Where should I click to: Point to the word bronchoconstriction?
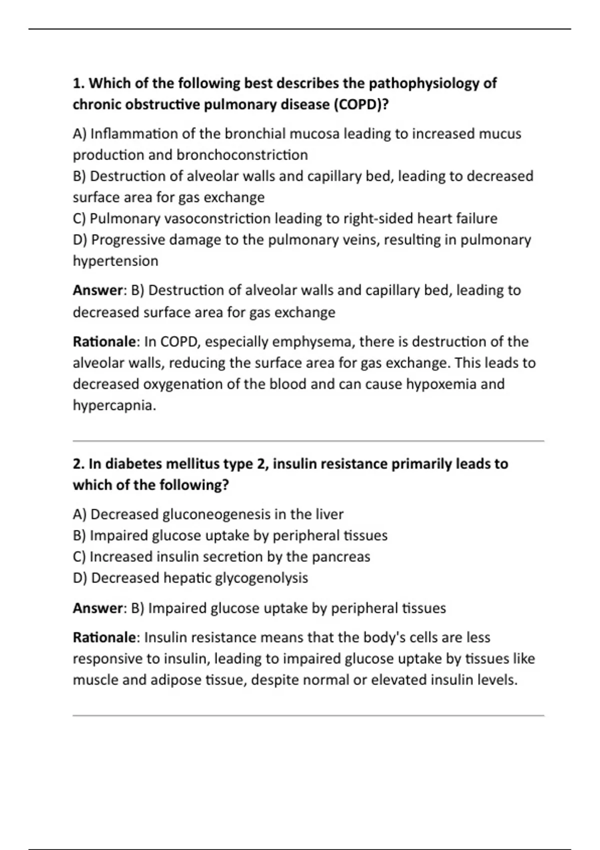click(242, 155)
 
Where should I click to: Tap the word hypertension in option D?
click(115, 261)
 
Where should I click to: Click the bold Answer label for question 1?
click(97, 290)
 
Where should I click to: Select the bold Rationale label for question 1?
click(104, 341)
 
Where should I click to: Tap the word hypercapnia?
click(114, 405)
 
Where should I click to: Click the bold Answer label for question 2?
click(97, 608)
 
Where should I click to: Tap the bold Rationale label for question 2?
click(104, 637)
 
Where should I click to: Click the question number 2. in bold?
click(79, 464)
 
